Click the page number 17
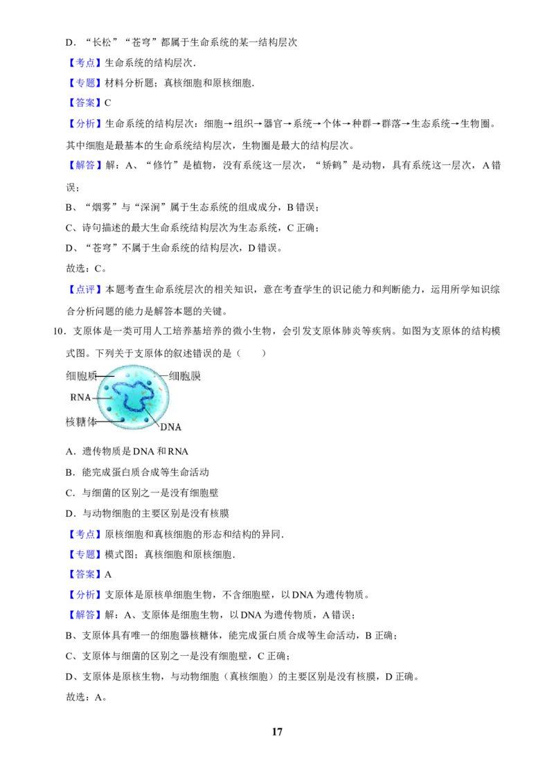277,731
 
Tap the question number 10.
58,331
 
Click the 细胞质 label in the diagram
81,375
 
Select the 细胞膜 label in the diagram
185,376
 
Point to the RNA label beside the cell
80,398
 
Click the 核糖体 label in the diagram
81,422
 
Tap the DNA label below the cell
170,427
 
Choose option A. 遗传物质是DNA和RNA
127,452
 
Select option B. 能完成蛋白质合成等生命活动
138,472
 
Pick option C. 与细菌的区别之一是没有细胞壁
142,492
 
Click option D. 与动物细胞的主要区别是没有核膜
148,513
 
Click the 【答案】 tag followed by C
84,103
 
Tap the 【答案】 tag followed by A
84,575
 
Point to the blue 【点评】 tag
84,289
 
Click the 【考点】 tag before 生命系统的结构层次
84,62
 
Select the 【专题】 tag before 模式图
84,555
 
